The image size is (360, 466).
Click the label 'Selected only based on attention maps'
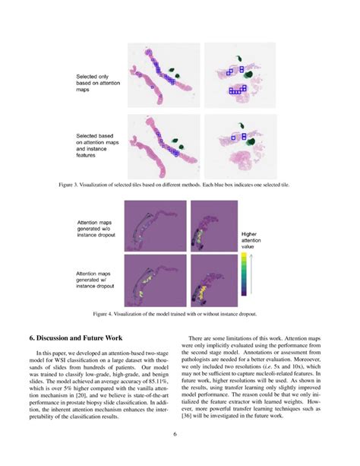(x=94, y=83)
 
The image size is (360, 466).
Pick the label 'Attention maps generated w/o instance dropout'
(x=99, y=230)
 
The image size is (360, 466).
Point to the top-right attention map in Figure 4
(x=209, y=226)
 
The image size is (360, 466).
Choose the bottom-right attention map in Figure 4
(x=209, y=279)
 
